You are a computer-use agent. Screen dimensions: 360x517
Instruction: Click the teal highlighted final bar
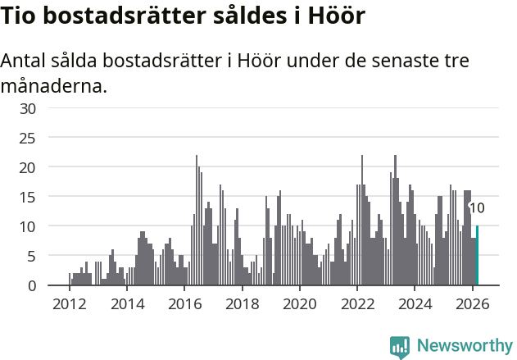click(x=477, y=256)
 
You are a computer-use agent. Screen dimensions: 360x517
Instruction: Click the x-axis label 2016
click(x=184, y=303)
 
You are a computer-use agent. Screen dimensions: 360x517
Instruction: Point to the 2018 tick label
click(x=242, y=303)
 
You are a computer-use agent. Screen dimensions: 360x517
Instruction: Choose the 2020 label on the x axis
click(x=300, y=303)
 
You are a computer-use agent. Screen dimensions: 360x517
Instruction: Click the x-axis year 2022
click(x=357, y=303)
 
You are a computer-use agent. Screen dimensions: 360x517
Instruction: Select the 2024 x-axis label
click(x=415, y=303)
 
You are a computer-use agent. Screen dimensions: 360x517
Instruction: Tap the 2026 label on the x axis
click(x=473, y=303)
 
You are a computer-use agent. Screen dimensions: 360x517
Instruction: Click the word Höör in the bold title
click(x=335, y=16)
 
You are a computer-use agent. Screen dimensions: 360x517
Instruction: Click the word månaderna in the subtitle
click(x=54, y=85)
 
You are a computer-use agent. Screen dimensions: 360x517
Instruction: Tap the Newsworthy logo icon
click(x=400, y=347)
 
